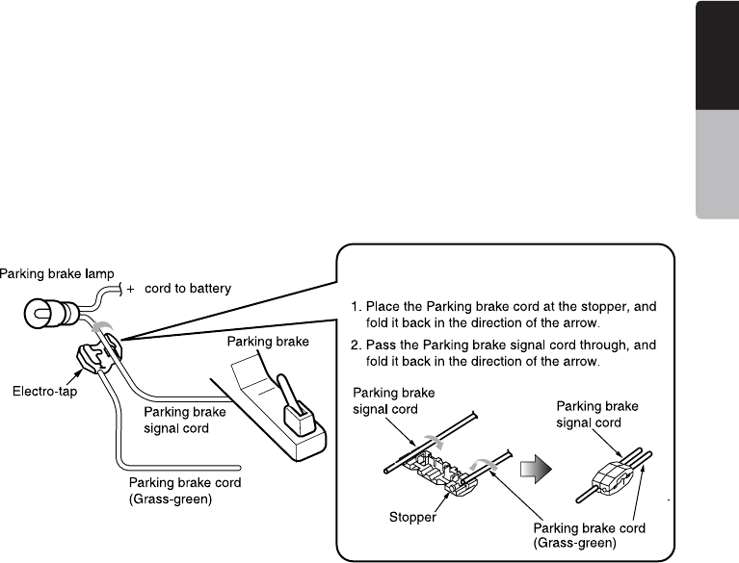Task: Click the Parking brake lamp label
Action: pyautogui.click(x=57, y=274)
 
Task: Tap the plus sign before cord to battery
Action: pyautogui.click(x=130, y=289)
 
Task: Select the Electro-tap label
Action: pyautogui.click(x=44, y=391)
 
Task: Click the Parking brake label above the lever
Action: pyautogui.click(x=268, y=342)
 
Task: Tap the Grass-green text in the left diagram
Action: pyautogui.click(x=171, y=499)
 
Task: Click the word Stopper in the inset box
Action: pyautogui.click(x=412, y=518)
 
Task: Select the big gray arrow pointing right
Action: pyautogui.click(x=536, y=469)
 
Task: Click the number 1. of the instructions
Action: pyautogui.click(x=356, y=307)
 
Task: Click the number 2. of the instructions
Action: pyautogui.click(x=356, y=345)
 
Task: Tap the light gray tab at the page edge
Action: pyautogui.click(x=717, y=165)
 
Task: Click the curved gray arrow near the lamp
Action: pyautogui.click(x=102, y=325)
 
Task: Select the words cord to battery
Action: pyautogui.click(x=188, y=288)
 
